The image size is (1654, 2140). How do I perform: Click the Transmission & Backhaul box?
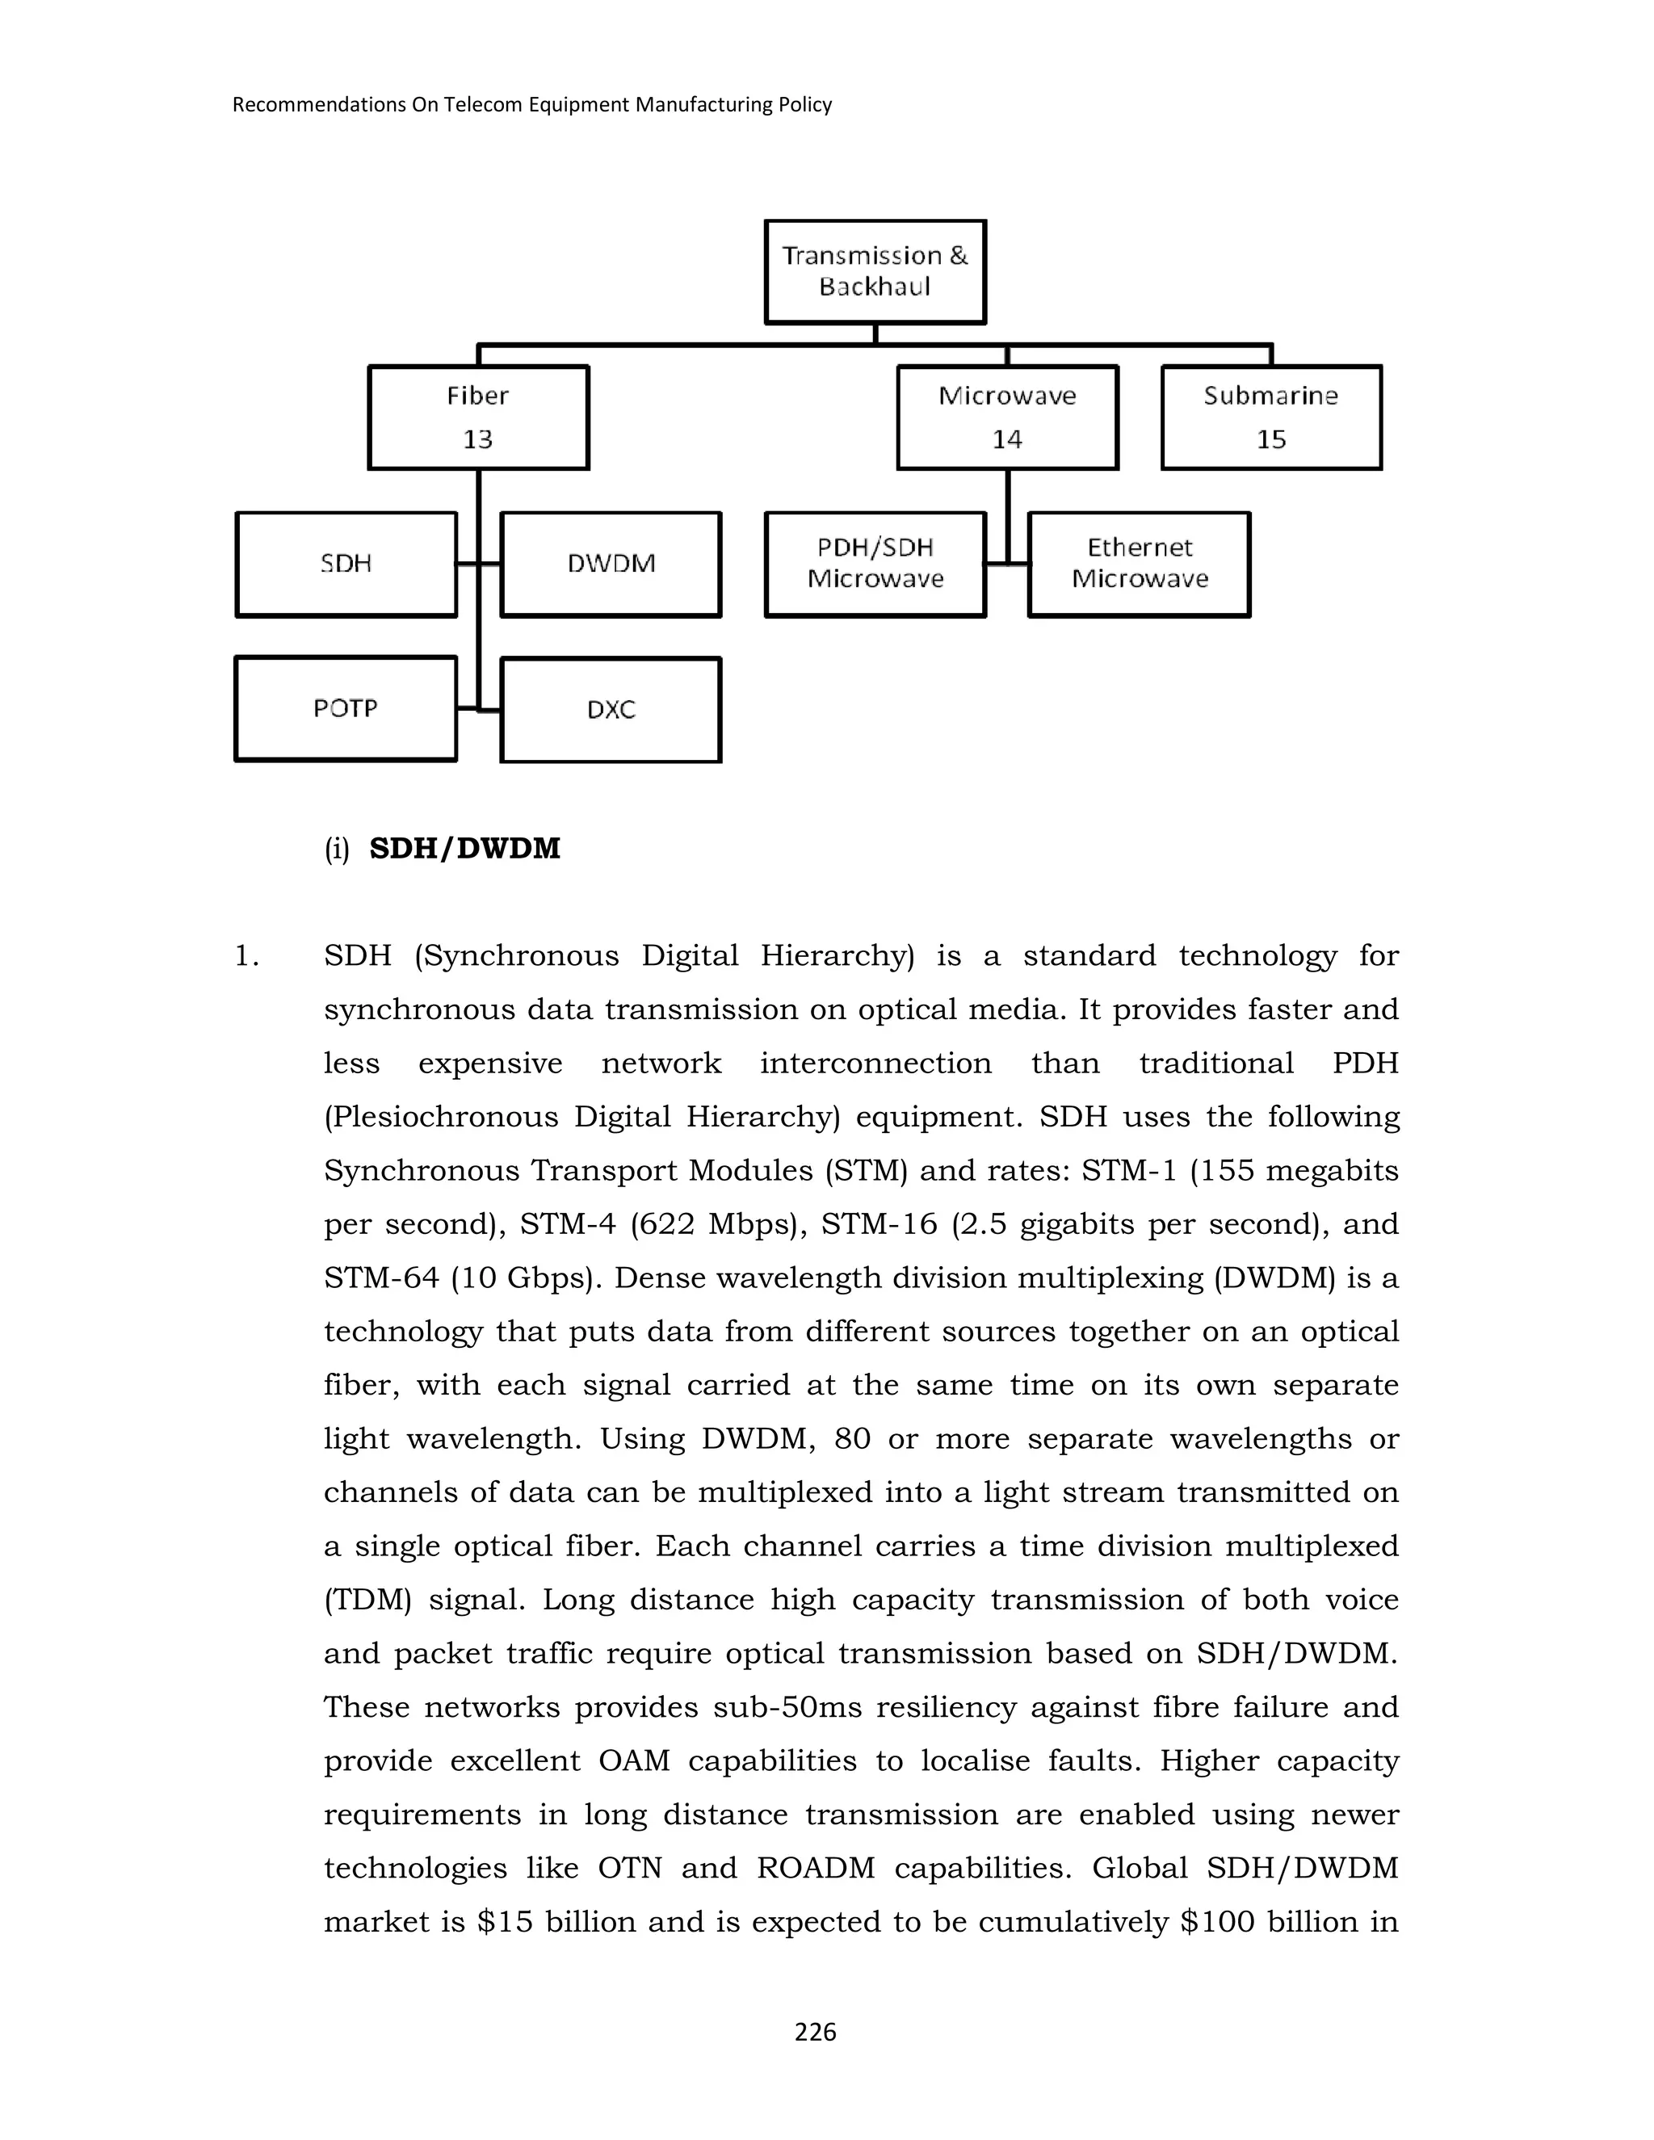(874, 271)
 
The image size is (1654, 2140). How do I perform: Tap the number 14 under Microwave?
(1007, 439)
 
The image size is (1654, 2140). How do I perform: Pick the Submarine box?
(1271, 417)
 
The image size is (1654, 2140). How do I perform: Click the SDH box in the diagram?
(346, 564)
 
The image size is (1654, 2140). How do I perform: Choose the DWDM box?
(611, 564)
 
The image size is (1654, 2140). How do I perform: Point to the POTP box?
(346, 707)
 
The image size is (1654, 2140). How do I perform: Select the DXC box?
(611, 709)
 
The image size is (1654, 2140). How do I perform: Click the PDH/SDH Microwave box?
(875, 564)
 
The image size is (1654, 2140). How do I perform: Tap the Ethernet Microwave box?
(1140, 564)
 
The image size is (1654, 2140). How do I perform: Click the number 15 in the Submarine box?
(1271, 439)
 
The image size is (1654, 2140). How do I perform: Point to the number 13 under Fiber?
(478, 439)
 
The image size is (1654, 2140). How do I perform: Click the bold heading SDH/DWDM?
(464, 849)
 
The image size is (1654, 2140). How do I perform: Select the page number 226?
(815, 2033)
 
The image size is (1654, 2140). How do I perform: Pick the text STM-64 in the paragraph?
(381, 1278)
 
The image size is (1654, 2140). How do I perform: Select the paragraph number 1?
(245, 956)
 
